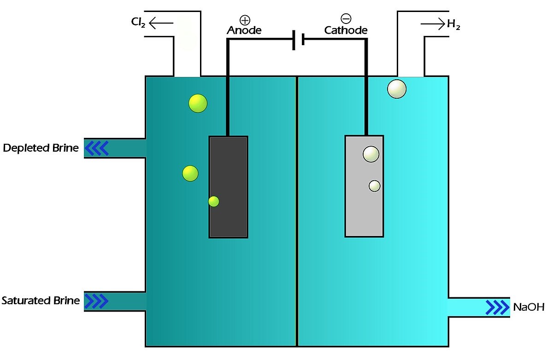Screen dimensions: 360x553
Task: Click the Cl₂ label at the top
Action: point(138,23)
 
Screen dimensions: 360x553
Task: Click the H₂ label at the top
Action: point(453,25)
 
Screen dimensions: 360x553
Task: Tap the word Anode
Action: point(244,30)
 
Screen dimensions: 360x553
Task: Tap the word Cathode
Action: point(346,30)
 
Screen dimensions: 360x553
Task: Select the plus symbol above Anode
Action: point(244,19)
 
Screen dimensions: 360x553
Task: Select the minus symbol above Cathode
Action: point(346,19)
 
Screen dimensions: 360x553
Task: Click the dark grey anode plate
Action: point(229,187)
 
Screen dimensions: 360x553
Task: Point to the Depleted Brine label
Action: point(41,148)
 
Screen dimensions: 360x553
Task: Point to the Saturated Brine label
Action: point(41,301)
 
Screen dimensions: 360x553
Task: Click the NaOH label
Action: point(529,307)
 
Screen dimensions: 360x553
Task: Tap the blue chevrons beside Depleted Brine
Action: point(97,148)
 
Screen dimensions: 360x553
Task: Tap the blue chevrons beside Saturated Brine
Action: point(97,301)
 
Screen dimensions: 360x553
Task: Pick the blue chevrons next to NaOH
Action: point(498,307)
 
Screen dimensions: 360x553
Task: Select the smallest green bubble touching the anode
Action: point(213,201)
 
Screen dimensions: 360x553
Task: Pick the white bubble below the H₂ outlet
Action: point(397,89)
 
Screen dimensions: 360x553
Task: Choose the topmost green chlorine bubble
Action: point(198,103)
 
